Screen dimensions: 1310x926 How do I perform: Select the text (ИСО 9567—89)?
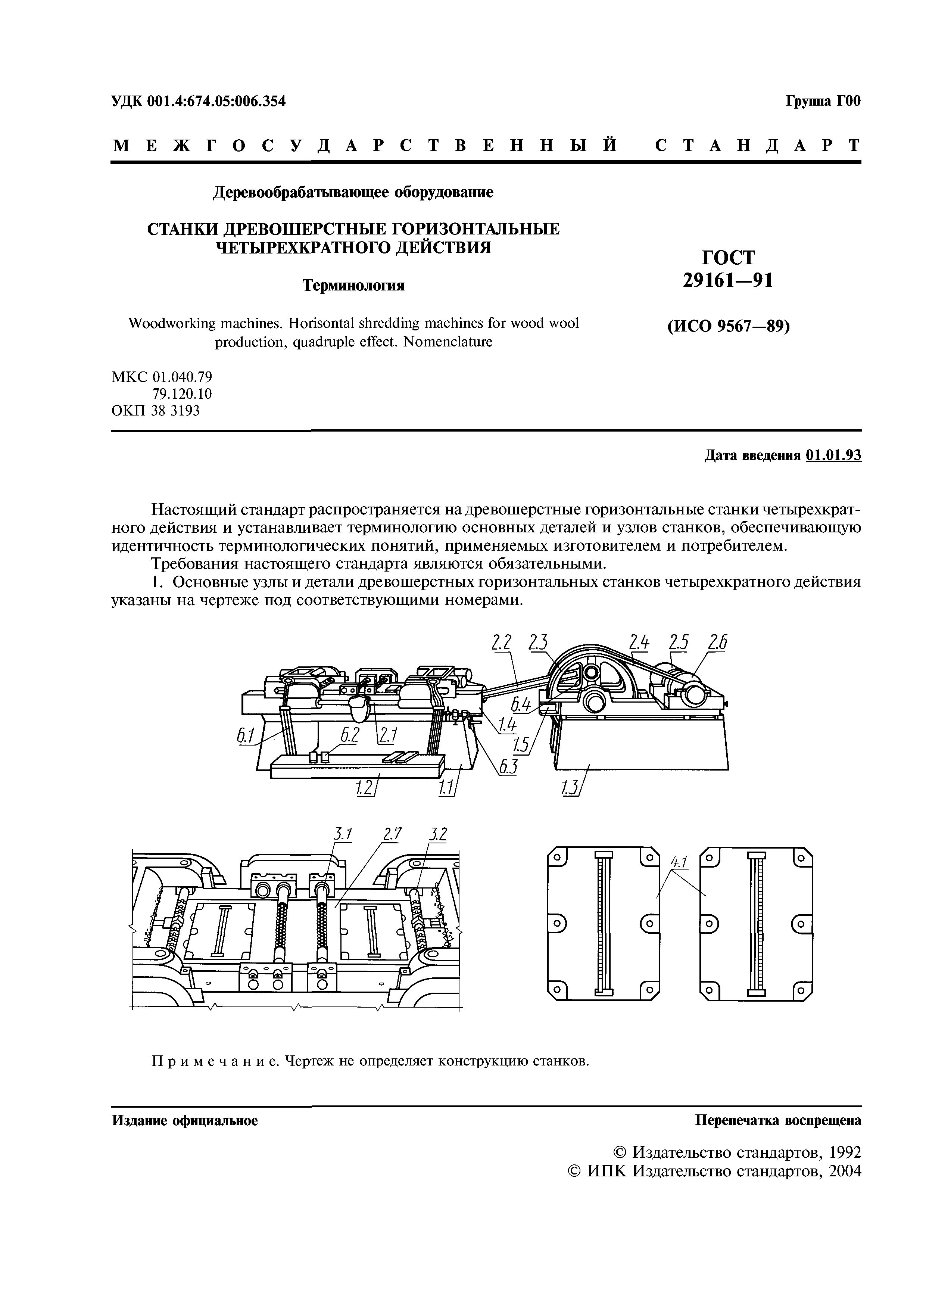(x=728, y=327)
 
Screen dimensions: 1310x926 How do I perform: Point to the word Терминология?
(x=353, y=285)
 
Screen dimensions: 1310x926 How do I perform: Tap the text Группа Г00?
(x=823, y=102)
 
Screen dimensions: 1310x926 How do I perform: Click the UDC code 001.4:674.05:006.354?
(x=216, y=102)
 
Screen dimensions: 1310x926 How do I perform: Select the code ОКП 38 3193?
(x=156, y=410)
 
